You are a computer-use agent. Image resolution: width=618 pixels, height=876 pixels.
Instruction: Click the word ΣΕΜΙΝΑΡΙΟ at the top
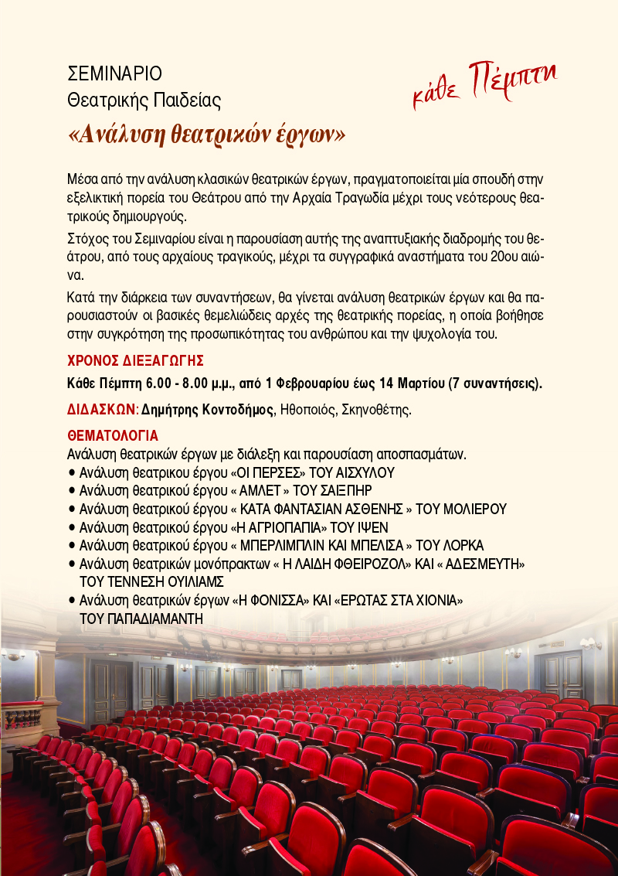[x=115, y=75]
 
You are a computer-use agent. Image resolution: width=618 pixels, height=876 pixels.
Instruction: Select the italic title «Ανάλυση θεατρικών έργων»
[x=206, y=134]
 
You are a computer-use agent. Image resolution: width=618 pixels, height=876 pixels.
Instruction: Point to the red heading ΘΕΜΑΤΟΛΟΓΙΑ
[x=113, y=435]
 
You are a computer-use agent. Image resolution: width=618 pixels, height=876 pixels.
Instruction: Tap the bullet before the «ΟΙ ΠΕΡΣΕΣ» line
[x=72, y=472]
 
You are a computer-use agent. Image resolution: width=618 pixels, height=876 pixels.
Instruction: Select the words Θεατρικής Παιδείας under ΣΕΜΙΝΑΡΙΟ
[x=144, y=100]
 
